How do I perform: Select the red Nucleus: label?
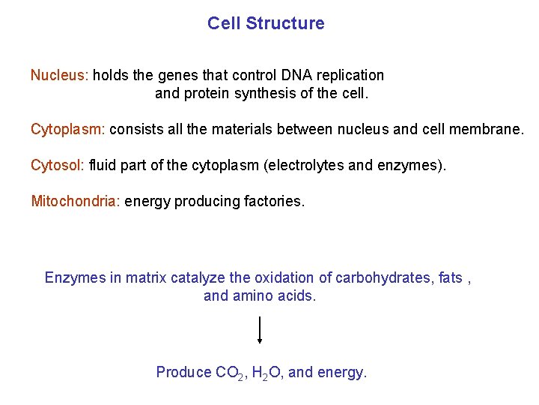[x=59, y=75]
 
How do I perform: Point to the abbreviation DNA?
[x=288, y=75]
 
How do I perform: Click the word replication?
[x=350, y=76]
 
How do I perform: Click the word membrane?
[x=487, y=129]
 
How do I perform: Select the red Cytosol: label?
[x=57, y=165]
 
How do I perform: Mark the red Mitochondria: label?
[x=76, y=201]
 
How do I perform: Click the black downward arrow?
[x=260, y=330]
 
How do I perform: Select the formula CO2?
[x=228, y=373]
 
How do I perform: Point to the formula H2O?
[x=266, y=373]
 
